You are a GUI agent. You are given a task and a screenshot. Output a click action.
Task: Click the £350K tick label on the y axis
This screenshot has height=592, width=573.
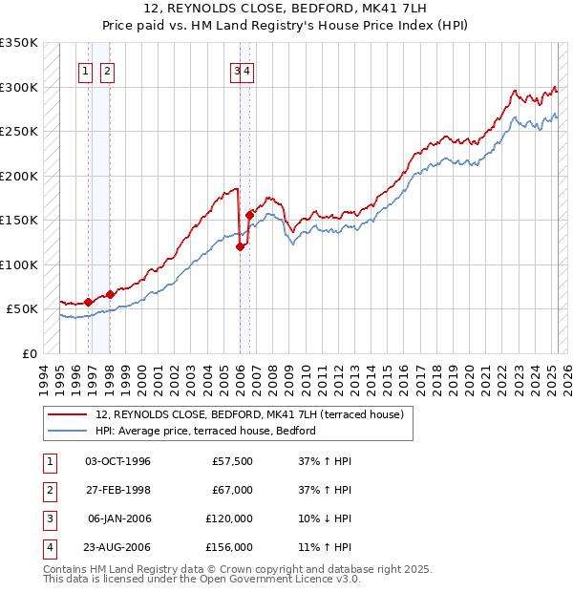pos(19,43)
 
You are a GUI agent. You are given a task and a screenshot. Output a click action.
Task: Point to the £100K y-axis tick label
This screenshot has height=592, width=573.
pos(19,264)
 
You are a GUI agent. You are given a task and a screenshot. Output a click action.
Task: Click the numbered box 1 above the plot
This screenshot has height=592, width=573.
pos(86,70)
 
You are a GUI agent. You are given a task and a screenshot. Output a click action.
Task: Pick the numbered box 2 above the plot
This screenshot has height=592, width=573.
pos(106,70)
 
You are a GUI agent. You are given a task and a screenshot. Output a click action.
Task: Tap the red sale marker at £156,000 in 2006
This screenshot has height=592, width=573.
pos(249,215)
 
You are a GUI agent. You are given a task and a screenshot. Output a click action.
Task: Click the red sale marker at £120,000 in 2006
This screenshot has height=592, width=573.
pos(240,246)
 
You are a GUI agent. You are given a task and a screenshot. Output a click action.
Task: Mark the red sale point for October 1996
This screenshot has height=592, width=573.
pos(89,302)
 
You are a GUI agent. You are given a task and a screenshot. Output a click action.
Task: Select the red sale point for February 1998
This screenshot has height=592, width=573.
pos(110,294)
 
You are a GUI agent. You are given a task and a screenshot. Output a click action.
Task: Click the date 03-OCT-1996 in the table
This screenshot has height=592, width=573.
pos(117,461)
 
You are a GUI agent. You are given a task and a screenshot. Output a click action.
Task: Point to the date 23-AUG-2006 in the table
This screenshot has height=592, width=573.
pos(117,547)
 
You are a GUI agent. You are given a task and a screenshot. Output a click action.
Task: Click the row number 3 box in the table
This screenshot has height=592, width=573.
pos(49,518)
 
